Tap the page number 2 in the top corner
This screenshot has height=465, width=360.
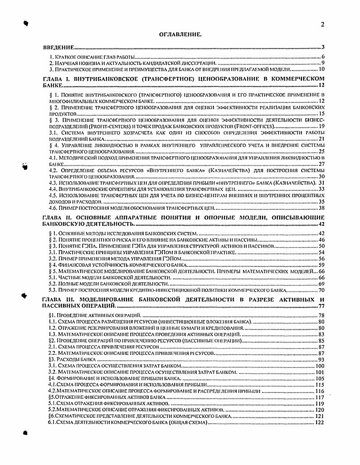(x=322, y=25)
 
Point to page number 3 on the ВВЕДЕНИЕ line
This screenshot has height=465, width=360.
(x=322, y=47)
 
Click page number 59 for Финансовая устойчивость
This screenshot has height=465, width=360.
(x=321, y=264)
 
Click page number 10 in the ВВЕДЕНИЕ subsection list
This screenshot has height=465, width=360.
(x=321, y=69)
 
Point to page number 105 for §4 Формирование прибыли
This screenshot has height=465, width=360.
(x=320, y=378)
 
